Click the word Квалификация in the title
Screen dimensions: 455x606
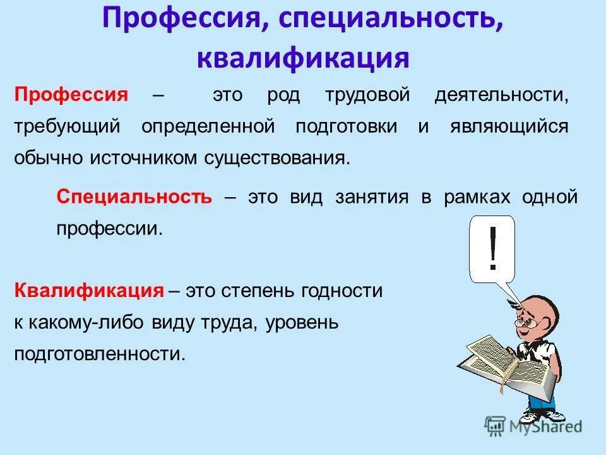click(303, 58)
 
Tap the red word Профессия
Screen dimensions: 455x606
click(72, 95)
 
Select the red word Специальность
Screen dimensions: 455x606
click(134, 197)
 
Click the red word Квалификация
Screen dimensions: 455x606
click(89, 291)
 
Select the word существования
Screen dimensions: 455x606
click(277, 157)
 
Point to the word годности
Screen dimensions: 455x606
click(342, 291)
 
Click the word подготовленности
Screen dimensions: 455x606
click(100, 353)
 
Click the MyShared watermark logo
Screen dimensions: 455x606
click(533, 426)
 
